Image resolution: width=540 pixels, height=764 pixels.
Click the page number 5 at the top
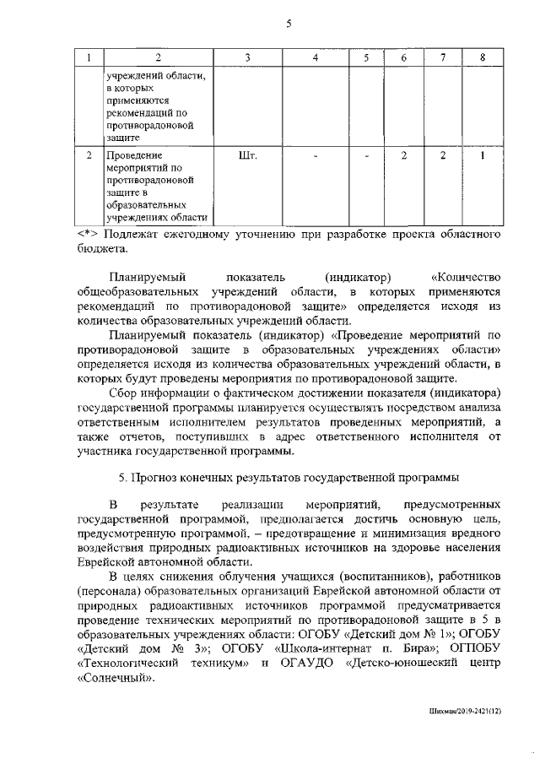click(x=288, y=24)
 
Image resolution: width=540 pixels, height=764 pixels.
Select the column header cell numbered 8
click(x=482, y=57)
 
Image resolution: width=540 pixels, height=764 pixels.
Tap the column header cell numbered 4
click(x=315, y=57)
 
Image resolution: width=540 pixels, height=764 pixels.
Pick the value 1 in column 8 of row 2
click(x=482, y=155)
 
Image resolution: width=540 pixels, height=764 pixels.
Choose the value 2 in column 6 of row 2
click(x=404, y=155)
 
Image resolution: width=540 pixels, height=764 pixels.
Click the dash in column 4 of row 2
click(x=315, y=155)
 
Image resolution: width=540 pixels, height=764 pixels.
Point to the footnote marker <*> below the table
click(x=88, y=234)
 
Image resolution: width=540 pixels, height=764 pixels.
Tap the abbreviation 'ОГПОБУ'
click(x=473, y=648)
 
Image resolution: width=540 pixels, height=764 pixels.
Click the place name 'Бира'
click(x=408, y=648)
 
